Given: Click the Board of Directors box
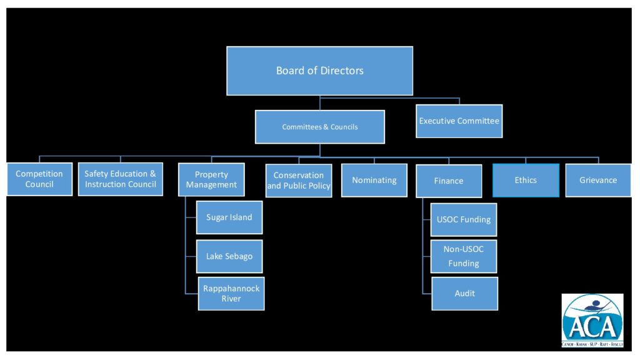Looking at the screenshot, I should pyautogui.click(x=319, y=71).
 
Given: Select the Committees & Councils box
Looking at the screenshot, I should pyautogui.click(x=319, y=127).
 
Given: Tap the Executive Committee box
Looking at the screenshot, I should pyautogui.click(x=459, y=121).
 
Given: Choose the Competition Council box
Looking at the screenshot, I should pyautogui.click(x=39, y=179).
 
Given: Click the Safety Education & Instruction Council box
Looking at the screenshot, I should pyautogui.click(x=121, y=179).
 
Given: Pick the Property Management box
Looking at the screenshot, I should pyautogui.click(x=211, y=179).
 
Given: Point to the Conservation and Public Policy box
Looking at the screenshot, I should pyautogui.click(x=299, y=181).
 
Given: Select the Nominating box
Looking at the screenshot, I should pyautogui.click(x=374, y=180).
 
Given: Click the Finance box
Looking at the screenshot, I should pyautogui.click(x=449, y=181).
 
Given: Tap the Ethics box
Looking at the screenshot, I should pyautogui.click(x=526, y=180).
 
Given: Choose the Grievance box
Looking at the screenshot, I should pyautogui.click(x=598, y=180).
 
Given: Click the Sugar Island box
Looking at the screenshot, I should pyautogui.click(x=229, y=217).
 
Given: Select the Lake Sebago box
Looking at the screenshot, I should pyautogui.click(x=229, y=256).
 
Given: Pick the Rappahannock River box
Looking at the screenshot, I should pyautogui.click(x=231, y=293).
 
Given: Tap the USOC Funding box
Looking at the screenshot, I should pyautogui.click(x=464, y=219).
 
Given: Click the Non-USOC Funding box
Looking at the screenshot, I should pyautogui.click(x=464, y=256).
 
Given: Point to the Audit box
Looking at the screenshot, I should pyautogui.click(x=464, y=293).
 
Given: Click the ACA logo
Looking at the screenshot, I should pyautogui.click(x=592, y=320).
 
